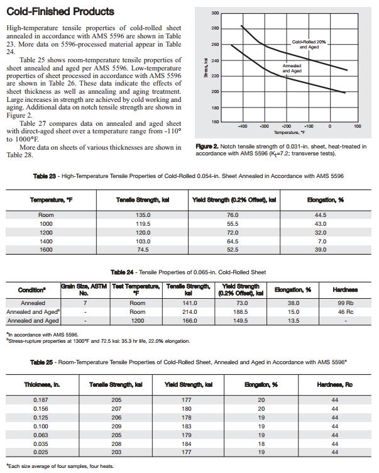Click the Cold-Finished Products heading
pyautogui.click(x=60, y=11)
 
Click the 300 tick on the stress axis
pyautogui.click(x=215, y=13)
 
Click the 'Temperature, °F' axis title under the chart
pyautogui.click(x=290, y=133)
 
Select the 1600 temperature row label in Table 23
pyautogui.click(x=46, y=249)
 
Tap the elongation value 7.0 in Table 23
pyautogui.click(x=321, y=241)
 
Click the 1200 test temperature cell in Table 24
pyautogui.click(x=137, y=321)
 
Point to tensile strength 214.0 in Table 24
pyautogui.click(x=188, y=312)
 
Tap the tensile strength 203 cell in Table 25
pyautogui.click(x=116, y=452)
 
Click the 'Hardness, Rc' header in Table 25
pyautogui.click(x=334, y=384)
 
